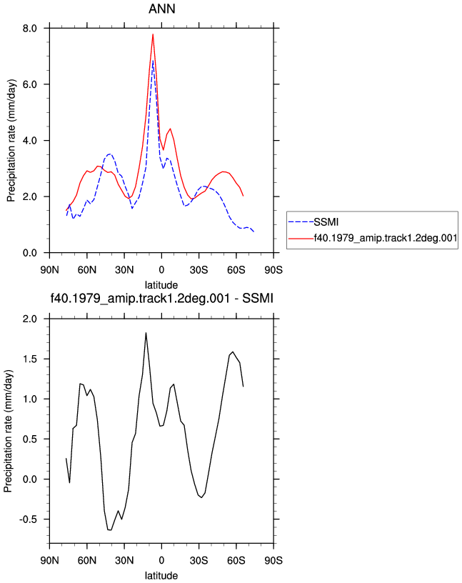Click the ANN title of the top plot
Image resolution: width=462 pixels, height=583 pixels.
tap(161, 9)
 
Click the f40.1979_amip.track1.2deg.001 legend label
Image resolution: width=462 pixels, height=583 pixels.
tap(386, 238)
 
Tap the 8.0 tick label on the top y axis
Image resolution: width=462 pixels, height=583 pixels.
tap(30, 29)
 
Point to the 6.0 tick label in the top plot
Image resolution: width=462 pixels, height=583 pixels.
tap(30, 84)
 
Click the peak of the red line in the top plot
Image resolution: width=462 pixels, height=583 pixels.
tap(153, 34)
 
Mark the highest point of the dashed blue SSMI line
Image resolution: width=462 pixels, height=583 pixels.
tap(153, 61)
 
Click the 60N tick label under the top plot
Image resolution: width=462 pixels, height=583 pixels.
tap(87, 269)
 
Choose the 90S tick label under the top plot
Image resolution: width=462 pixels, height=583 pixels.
tap(273, 269)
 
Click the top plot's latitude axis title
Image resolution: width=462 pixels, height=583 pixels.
tap(161, 285)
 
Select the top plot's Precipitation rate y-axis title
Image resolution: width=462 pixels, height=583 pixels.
tap(11, 141)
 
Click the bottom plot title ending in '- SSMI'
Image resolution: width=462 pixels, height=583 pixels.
tap(161, 298)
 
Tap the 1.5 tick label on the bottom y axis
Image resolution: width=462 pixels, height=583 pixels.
tap(30, 359)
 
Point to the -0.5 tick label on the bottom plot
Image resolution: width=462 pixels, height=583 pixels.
tap(29, 519)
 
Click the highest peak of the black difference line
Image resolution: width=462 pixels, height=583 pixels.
tap(146, 333)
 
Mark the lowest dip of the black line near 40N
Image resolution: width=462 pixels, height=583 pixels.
tap(109, 530)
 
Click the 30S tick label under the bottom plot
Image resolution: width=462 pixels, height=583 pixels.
tap(199, 560)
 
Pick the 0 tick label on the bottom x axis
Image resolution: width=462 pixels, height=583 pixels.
tap(161, 560)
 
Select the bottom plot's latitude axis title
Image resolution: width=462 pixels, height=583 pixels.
tap(161, 576)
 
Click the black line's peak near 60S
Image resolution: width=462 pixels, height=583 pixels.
tap(233, 352)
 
